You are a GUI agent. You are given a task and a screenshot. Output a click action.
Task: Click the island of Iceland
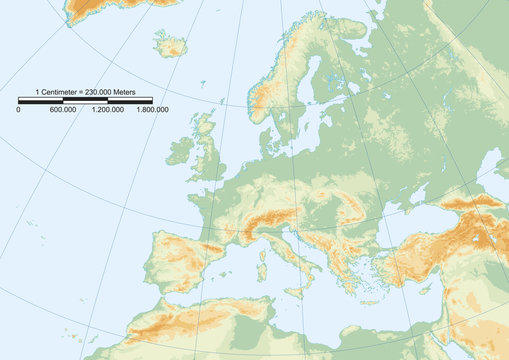(x=170, y=44)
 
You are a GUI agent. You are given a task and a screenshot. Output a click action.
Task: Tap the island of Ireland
(x=180, y=151)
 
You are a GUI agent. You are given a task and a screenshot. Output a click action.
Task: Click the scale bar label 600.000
(x=62, y=109)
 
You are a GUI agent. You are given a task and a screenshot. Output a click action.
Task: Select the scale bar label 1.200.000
(x=107, y=109)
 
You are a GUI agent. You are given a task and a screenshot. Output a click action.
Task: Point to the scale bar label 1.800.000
(x=151, y=109)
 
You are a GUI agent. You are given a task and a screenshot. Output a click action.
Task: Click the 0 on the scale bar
(x=18, y=109)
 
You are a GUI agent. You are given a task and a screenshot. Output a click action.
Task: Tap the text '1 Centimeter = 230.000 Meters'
(x=84, y=91)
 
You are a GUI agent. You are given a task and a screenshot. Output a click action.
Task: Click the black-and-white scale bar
(x=85, y=100)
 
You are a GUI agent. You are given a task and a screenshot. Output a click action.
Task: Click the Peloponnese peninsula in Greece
(x=344, y=281)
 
